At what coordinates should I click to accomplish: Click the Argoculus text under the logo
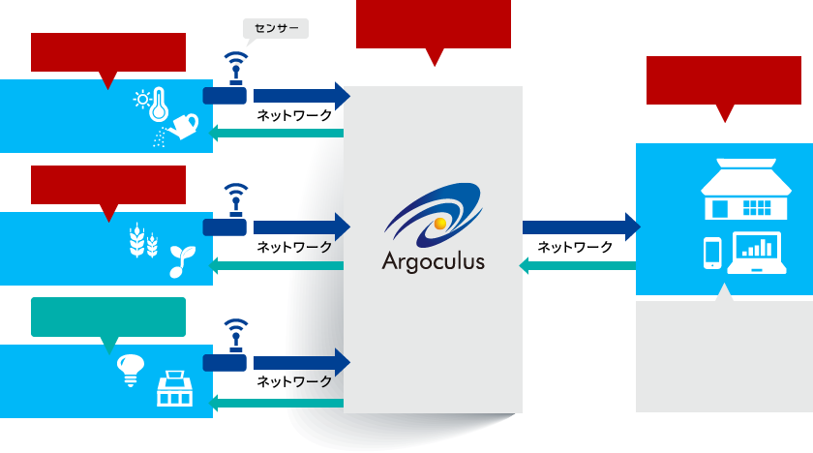(x=433, y=261)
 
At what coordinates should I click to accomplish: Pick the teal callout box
(x=107, y=317)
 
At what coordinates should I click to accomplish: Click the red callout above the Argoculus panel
(x=433, y=25)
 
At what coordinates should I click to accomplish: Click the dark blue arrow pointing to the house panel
(x=581, y=227)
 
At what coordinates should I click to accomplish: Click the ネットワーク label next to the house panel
(x=575, y=247)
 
